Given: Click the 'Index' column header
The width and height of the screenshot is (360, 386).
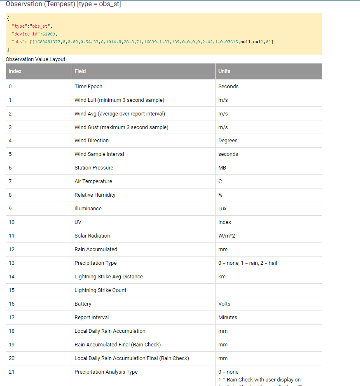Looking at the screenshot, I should point(15,71).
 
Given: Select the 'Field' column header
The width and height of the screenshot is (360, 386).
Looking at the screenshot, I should point(80,71).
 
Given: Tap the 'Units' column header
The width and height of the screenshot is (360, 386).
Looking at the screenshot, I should point(224,71).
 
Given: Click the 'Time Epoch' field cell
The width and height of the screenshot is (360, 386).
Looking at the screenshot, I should point(89,87).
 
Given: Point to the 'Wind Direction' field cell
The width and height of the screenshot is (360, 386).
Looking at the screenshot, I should point(92,141).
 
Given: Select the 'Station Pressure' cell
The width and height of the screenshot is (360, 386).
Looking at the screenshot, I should point(94,168).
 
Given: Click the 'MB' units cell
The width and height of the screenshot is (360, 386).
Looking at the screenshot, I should point(222,168).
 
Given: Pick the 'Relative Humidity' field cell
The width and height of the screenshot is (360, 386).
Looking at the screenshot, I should point(95,195).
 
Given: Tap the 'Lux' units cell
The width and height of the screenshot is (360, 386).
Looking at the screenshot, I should point(222,209).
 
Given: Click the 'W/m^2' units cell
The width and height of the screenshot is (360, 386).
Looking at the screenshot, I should point(226,236).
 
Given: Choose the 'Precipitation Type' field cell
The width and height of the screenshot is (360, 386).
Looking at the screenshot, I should point(96,263).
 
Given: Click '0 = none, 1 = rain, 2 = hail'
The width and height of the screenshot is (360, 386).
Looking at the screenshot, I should point(248,263).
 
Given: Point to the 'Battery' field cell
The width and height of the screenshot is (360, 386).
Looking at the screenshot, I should point(83,304).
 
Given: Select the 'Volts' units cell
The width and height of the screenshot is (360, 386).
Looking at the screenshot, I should point(224,304).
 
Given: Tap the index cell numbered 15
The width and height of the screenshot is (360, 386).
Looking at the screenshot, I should point(12,290).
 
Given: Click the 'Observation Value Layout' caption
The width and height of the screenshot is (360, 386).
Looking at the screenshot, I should point(35,59).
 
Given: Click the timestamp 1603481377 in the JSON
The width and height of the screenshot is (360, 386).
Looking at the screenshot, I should point(48,42).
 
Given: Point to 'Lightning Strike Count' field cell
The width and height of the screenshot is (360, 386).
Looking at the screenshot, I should point(101,290).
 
